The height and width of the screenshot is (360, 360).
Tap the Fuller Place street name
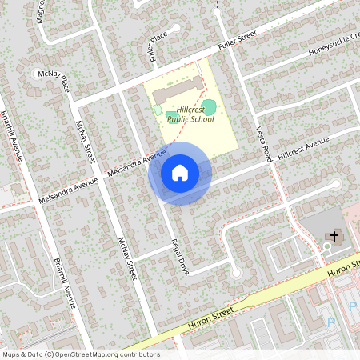pos(157,48)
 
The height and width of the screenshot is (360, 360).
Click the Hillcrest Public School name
pos(186,114)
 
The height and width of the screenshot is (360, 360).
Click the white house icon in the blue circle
pos(180,172)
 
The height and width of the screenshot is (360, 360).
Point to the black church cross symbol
pos(334,237)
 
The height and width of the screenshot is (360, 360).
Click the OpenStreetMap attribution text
pos(80,354)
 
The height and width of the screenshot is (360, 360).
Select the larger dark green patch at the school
pos(209,106)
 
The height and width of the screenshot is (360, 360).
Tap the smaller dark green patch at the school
pos(173,118)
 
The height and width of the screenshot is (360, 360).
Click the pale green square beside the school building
pos(158,109)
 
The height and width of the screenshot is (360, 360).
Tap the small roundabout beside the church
pos(326,249)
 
